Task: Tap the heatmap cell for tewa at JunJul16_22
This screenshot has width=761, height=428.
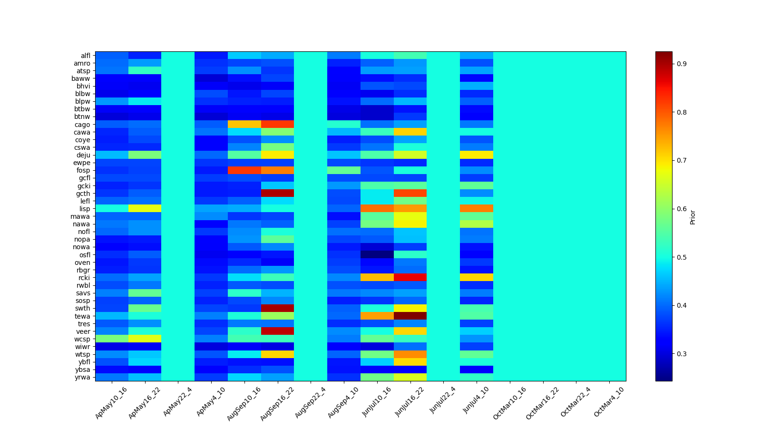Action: click(410, 316)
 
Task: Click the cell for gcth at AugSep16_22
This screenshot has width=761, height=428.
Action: click(277, 193)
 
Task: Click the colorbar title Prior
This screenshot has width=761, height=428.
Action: click(693, 217)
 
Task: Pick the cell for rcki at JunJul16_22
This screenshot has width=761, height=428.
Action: click(410, 278)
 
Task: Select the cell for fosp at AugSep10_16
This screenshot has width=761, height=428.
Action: click(244, 170)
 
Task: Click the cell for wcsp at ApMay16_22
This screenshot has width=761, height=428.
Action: click(145, 339)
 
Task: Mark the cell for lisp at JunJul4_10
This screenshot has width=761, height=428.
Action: click(477, 208)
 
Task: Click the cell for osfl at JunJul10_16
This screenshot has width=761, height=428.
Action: click(377, 254)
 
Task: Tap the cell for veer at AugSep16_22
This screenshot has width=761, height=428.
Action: click(277, 331)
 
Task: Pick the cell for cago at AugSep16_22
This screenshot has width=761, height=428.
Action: click(277, 125)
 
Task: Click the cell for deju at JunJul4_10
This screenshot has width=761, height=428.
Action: click(477, 155)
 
